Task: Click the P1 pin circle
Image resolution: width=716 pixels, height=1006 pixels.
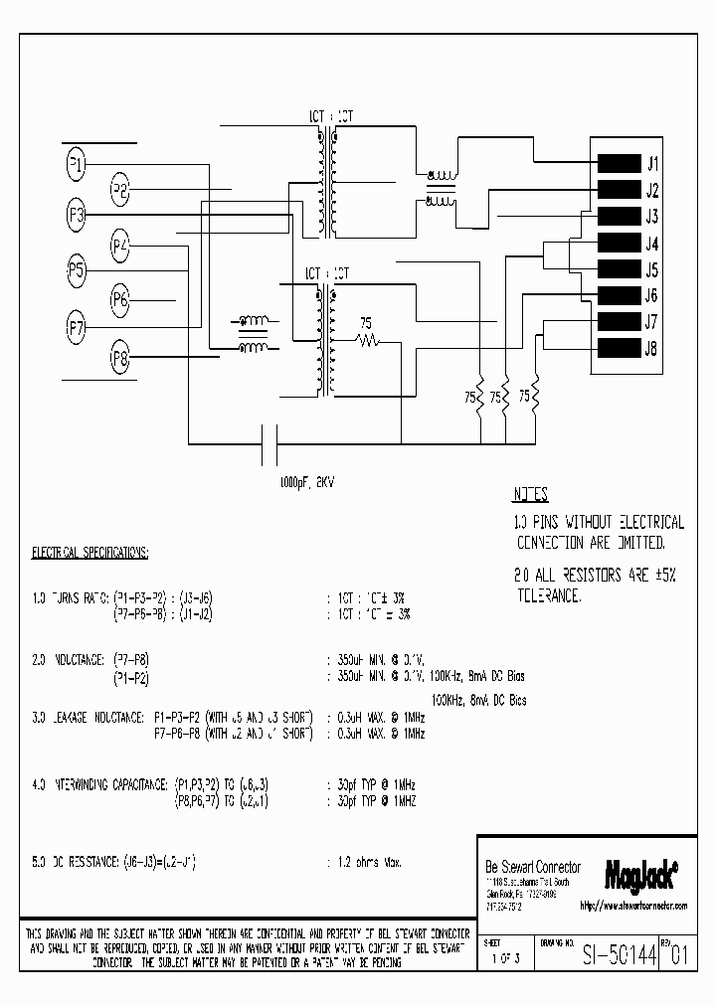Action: [x=78, y=164]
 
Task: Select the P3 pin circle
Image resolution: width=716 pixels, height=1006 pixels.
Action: [x=78, y=216]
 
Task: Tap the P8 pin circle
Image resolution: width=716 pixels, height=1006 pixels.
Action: [x=120, y=360]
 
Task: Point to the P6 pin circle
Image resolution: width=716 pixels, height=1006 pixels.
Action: [x=120, y=298]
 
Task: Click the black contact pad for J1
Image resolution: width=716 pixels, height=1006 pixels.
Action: [x=619, y=164]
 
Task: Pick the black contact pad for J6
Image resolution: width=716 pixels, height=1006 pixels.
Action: [x=619, y=294]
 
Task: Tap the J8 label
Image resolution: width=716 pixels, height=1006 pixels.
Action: [x=651, y=348]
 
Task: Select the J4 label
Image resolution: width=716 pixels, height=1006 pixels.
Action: [x=651, y=244]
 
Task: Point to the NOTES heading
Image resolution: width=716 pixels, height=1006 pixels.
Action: [x=531, y=495]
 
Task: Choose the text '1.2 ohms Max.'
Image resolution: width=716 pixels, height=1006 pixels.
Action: [x=365, y=863]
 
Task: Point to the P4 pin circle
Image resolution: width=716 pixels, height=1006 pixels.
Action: [x=120, y=244]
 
